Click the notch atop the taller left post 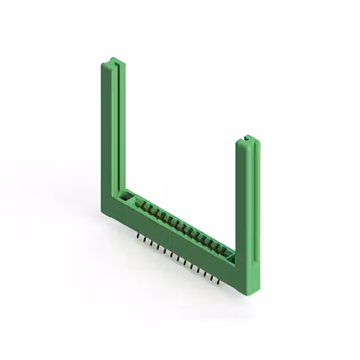(x=114, y=60)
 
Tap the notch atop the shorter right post (x=247, y=138)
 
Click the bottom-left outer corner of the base (x=103, y=211)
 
